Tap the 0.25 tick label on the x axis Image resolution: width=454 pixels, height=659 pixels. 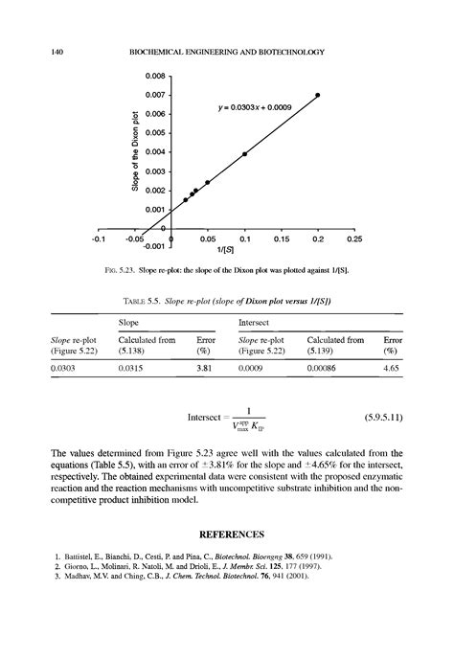(x=354, y=239)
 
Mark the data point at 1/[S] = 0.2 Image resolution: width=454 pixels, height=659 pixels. (x=318, y=95)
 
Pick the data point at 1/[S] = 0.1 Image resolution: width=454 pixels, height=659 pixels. (x=244, y=153)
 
